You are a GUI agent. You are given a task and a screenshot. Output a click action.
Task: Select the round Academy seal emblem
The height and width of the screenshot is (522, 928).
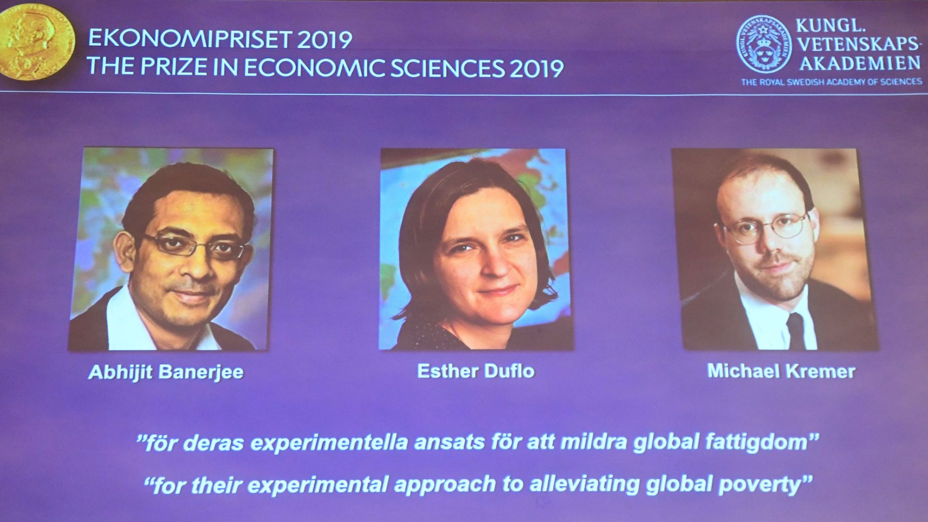click(764, 44)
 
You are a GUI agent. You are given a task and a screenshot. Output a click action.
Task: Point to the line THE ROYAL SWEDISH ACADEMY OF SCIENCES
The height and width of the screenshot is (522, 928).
click(832, 82)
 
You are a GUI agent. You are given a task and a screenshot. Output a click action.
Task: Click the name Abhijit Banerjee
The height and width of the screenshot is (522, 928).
click(166, 373)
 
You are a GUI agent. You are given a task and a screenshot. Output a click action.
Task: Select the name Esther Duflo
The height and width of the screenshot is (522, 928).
click(476, 371)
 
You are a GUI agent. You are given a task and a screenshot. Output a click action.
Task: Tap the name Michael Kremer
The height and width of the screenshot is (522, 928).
click(781, 371)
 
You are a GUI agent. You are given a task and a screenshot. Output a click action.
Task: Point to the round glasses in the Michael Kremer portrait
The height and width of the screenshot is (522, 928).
click(768, 227)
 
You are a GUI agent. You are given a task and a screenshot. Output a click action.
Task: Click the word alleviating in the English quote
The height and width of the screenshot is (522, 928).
click(585, 485)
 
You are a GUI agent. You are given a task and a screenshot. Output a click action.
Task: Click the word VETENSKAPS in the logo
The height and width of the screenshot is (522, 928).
click(858, 44)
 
